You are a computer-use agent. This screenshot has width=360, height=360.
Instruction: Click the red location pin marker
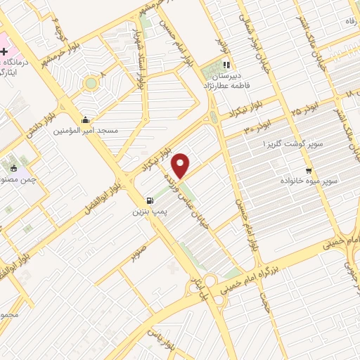click(181, 165)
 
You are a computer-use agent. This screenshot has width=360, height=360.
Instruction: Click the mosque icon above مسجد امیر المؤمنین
click(85, 119)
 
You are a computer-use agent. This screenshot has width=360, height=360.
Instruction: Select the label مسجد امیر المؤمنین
click(87, 131)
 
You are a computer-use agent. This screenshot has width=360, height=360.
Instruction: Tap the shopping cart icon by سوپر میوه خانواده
click(309, 171)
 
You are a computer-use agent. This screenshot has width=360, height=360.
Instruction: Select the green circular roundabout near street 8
click(90, 84)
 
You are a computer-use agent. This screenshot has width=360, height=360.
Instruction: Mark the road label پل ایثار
click(195, 289)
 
